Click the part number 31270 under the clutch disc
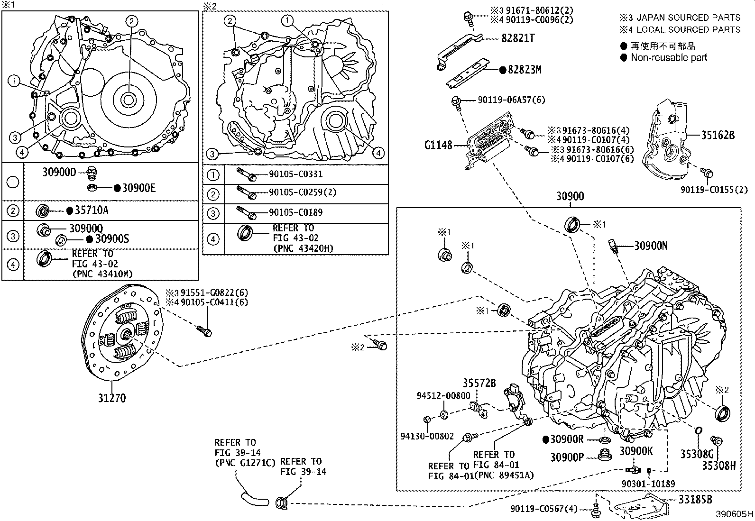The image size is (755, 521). point(112,398)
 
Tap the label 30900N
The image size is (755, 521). point(651,246)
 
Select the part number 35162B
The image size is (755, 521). point(718,135)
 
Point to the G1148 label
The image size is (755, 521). point(438,145)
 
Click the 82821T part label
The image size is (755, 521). point(518,38)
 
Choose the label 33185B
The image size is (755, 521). point(695,500)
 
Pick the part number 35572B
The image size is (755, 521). point(479,383)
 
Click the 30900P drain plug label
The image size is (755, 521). point(567,457)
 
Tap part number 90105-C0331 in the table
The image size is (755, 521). point(295,174)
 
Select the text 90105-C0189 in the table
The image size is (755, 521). point(295,212)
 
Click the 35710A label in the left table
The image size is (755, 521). point(92,210)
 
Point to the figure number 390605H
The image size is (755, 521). point(735,514)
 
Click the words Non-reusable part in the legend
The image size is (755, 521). point(669,58)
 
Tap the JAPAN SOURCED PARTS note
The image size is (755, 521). point(688,18)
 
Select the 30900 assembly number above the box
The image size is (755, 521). point(570,196)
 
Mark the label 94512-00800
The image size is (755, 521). point(443,396)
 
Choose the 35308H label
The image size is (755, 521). point(718,466)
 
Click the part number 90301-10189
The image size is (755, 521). point(648,484)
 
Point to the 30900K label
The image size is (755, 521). point(636,451)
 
